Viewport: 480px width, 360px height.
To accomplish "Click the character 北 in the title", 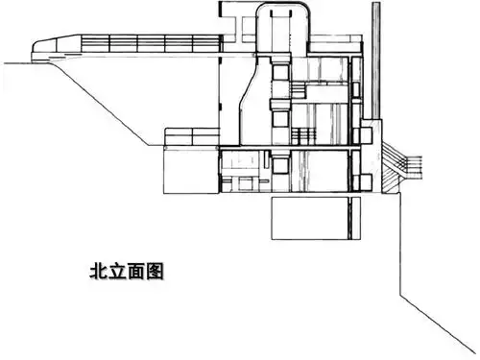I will [x=96, y=271].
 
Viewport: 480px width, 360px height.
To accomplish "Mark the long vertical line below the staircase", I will [x=397, y=240].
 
